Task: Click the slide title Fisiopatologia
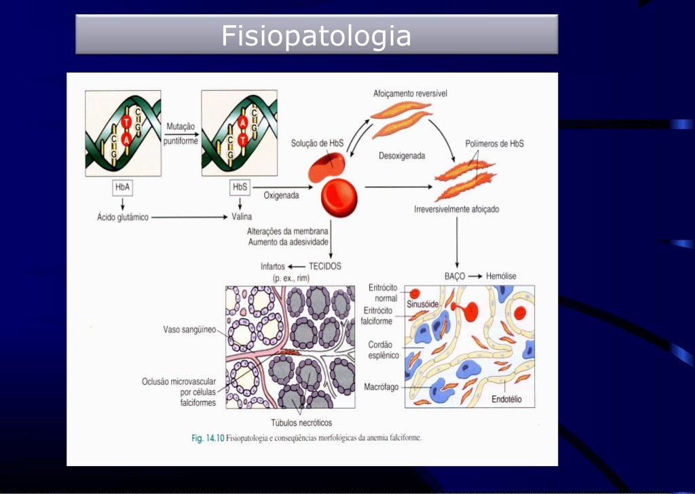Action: (316, 35)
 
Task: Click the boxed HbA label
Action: (123, 187)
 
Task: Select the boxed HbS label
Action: (240, 187)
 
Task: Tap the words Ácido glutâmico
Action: (123, 217)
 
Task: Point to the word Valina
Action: (241, 217)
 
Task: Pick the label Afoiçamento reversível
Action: (410, 92)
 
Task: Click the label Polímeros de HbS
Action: (494, 144)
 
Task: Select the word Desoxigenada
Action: (402, 155)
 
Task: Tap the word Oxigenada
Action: (281, 195)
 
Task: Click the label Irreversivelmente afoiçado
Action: (456, 210)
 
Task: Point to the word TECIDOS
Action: (325, 266)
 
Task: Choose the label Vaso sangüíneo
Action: (189, 330)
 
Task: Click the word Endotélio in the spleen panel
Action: (506, 400)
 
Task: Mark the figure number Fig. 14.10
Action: (207, 438)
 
